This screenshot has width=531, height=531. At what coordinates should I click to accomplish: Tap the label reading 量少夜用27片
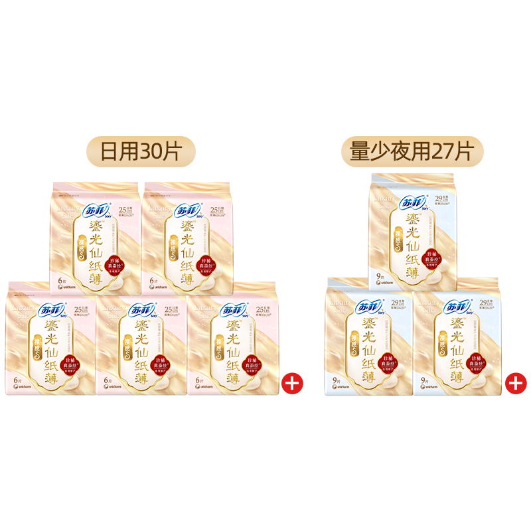(412, 151)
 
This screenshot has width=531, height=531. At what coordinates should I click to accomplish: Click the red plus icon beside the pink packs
(291, 383)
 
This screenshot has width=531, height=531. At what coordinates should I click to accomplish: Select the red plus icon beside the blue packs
(515, 383)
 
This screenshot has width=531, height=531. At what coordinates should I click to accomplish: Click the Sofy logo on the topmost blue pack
(414, 203)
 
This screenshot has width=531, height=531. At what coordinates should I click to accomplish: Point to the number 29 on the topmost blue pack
(439, 198)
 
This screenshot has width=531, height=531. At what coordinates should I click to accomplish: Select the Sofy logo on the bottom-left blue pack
(368, 307)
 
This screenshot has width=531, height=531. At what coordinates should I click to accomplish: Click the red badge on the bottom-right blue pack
(479, 363)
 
